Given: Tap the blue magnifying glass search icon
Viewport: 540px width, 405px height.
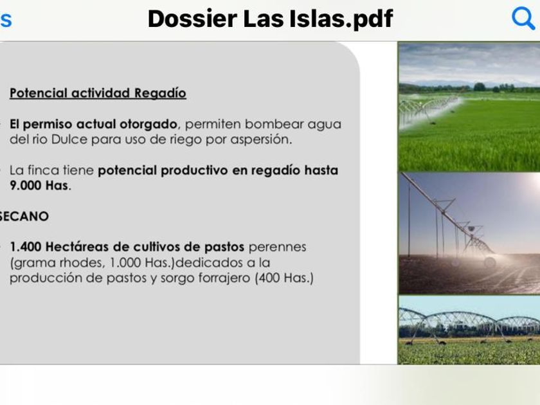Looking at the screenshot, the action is tap(523, 18).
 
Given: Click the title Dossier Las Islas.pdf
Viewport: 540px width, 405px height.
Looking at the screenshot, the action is tap(271, 19).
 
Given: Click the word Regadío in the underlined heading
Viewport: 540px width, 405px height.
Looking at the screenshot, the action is tap(160, 93).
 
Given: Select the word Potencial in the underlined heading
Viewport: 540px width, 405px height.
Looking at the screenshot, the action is tap(38, 93).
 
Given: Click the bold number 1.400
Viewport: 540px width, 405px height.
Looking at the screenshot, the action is tap(26, 247).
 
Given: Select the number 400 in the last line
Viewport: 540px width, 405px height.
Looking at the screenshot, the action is tap(269, 278).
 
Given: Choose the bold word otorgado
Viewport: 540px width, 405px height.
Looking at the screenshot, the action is tap(148, 124).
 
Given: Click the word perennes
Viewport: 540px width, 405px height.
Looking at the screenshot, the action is tap(277, 248).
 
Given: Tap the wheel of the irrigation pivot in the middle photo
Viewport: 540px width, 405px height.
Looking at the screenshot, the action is tap(490, 262).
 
